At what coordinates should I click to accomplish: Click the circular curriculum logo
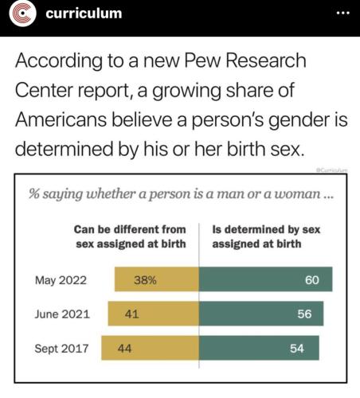(x=22, y=14)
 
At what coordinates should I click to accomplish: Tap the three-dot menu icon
(x=342, y=13)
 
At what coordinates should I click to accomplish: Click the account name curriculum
(x=84, y=14)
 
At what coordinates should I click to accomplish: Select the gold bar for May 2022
(x=157, y=279)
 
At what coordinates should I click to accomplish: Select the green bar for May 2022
(x=265, y=279)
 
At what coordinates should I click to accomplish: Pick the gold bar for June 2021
(x=154, y=314)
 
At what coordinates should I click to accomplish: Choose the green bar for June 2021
(x=261, y=314)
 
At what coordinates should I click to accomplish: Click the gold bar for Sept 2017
(x=150, y=348)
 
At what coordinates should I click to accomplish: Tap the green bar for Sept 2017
(x=259, y=348)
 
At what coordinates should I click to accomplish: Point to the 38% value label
(x=145, y=280)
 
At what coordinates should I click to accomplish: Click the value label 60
(x=312, y=280)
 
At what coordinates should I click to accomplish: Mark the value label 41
(x=131, y=314)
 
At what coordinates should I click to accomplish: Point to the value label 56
(x=304, y=314)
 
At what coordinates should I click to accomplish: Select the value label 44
(x=124, y=349)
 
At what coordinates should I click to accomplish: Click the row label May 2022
(x=61, y=281)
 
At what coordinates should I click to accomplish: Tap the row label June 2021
(x=62, y=314)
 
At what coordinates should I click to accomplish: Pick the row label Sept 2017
(x=61, y=349)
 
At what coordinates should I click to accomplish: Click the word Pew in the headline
(x=202, y=60)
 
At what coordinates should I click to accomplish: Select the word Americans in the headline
(x=61, y=119)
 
